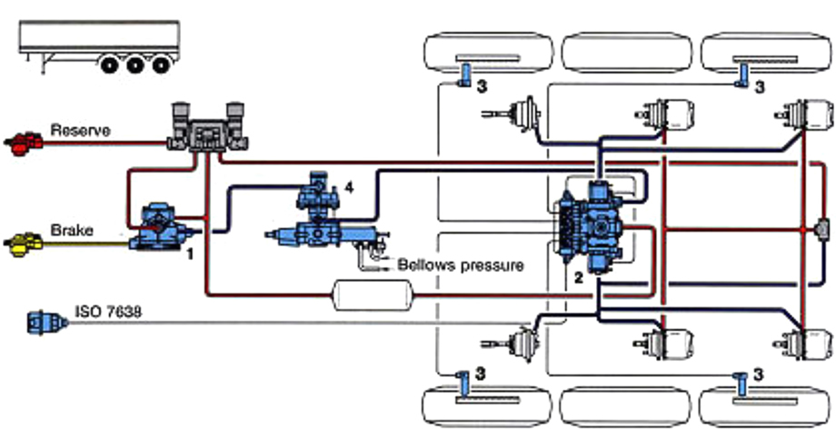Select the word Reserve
pos(80,131)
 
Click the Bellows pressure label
pos(461,265)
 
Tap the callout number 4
pos(348,188)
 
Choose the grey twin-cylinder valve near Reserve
pos(208,128)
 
